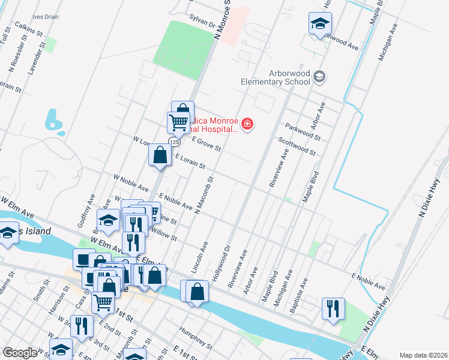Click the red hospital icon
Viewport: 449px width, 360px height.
pos(247,124)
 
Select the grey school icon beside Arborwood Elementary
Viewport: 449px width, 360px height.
pos(320,76)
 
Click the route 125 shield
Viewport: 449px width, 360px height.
pos(174,142)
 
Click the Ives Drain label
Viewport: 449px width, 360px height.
pos(46,17)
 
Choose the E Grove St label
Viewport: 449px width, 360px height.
pos(206,143)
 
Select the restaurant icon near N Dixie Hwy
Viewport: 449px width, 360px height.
pos(333,309)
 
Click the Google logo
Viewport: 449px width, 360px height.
pos(20,353)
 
